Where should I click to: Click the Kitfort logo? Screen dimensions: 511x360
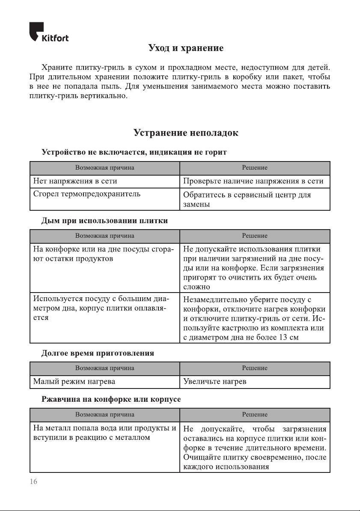tap(49, 33)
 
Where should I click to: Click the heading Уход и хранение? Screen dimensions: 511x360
tap(186, 48)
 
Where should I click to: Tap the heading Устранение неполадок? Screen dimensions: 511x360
tap(186, 133)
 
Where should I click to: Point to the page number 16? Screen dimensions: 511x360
tap(33, 481)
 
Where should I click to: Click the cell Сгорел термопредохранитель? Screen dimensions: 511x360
tap(87, 194)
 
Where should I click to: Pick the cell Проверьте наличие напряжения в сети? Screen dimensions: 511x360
tap(253, 182)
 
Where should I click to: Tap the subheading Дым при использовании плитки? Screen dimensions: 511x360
tap(104, 221)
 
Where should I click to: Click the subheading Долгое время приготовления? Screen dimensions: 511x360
tap(98, 353)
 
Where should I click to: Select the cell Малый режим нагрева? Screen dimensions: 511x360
tap(74, 381)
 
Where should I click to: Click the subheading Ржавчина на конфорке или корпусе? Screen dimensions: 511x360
tap(111, 399)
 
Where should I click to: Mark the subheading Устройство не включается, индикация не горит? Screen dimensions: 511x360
tap(134, 152)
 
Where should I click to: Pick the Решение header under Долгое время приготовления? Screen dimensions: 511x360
tap(255, 368)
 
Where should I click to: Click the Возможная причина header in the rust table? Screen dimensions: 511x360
tap(105, 414)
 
